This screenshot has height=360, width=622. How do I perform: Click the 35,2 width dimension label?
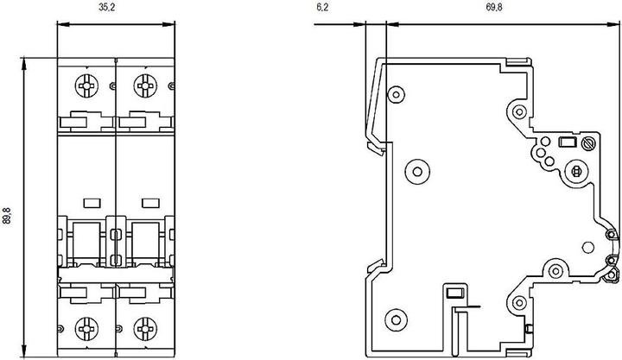[x=107, y=8]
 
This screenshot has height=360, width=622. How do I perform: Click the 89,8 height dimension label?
[x=8, y=216]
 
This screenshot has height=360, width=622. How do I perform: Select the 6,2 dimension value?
[x=322, y=8]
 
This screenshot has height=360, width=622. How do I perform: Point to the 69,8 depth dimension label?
[x=494, y=8]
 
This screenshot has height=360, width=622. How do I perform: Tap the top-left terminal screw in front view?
[x=86, y=85]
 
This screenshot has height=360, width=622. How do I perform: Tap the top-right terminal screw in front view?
[x=145, y=85]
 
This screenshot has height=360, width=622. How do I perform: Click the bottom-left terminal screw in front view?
[x=86, y=329]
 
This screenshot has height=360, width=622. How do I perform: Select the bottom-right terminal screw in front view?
[x=145, y=329]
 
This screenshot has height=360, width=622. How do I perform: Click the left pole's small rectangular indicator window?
[x=92, y=203]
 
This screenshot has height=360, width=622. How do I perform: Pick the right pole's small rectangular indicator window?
[x=150, y=203]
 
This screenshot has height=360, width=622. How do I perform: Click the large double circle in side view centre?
[x=417, y=172]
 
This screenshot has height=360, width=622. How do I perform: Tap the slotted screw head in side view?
[x=588, y=143]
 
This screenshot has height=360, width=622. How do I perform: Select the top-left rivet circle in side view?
[x=396, y=94]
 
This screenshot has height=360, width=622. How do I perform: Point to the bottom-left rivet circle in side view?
[x=396, y=319]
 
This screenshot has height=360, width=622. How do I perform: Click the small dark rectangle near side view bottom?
[x=455, y=294]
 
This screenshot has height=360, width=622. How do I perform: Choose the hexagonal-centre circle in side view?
[x=577, y=172]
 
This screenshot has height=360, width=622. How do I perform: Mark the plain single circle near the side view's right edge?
[x=588, y=248]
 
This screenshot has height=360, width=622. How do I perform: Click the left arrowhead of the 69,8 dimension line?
[x=393, y=24]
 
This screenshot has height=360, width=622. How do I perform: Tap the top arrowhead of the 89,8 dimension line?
[x=24, y=64]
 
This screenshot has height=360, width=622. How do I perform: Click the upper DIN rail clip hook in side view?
[x=375, y=148]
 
